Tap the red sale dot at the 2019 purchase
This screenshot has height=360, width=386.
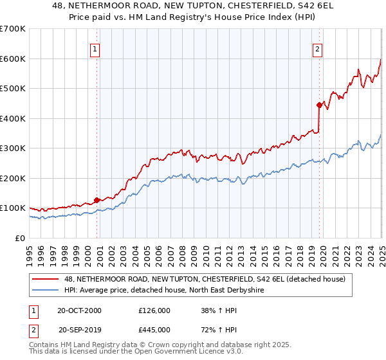319,105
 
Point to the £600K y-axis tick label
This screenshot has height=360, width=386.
13,59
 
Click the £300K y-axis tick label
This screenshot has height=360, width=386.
13,148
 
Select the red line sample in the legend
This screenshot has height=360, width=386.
46,279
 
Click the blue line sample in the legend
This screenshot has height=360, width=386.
46,291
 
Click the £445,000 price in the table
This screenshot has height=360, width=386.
154,329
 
